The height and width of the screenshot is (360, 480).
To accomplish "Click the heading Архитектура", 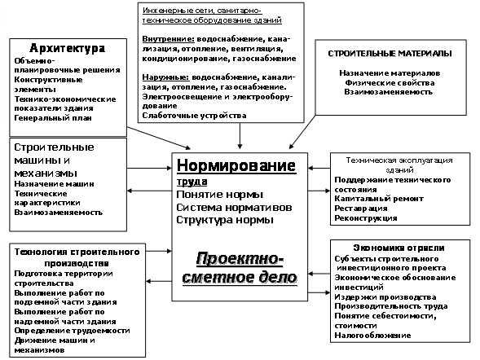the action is point(68,48).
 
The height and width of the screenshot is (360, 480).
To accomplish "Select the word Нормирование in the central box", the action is point(236,166).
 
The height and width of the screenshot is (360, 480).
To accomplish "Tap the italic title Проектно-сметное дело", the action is point(240,268).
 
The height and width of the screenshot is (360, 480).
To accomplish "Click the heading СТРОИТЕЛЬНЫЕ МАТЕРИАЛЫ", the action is point(390,54).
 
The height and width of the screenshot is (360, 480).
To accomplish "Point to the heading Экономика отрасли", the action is point(399,248).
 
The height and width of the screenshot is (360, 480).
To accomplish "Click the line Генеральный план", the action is point(53,118).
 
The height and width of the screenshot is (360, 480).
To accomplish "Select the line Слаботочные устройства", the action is point(195,116).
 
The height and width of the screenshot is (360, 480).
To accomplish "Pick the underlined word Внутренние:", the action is point(169,39).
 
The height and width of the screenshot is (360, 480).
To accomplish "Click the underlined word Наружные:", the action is point(165,77).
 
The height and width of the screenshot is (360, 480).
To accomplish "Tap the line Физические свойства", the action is point(390,83).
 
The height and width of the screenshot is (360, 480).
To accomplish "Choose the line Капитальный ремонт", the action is point(379,199).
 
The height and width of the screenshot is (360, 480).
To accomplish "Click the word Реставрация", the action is point(361,209).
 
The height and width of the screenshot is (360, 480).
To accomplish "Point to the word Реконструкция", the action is point(366,218).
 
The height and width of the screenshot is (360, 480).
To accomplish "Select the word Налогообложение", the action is point(372,336).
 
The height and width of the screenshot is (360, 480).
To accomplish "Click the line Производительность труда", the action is point(391,306).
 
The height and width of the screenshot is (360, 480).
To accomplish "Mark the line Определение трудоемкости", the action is point(73,331).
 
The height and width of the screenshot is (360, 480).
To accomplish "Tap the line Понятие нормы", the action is point(220,195).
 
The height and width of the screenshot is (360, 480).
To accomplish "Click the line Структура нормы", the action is point(225,220).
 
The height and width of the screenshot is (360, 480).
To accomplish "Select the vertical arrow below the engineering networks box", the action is point(240,136).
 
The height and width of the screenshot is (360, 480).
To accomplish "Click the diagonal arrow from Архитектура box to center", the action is point(159,138).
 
